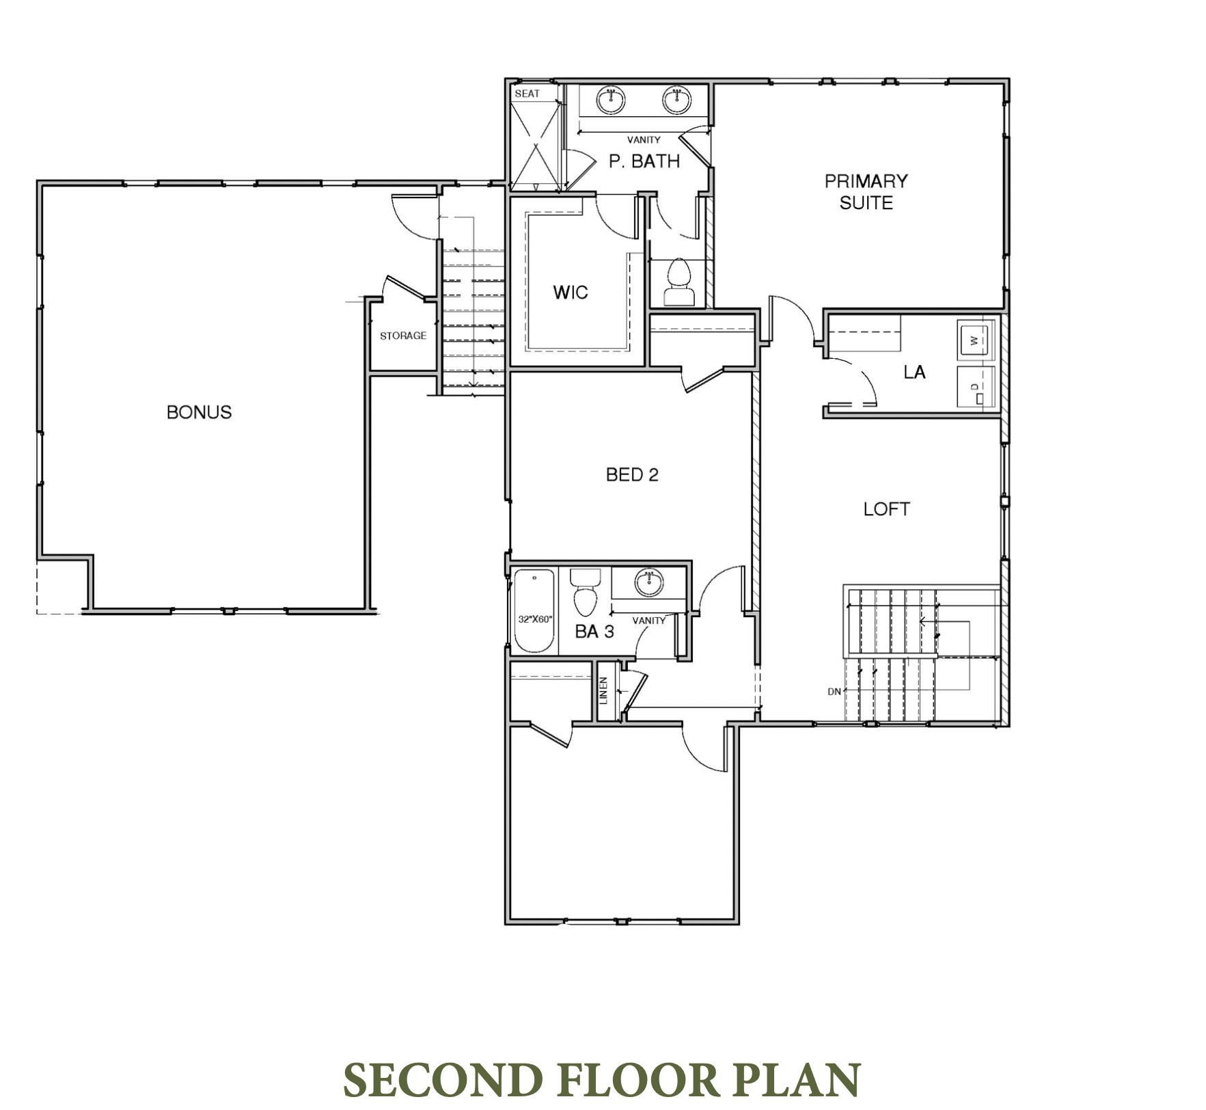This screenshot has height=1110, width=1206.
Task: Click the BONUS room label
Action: [x=199, y=412]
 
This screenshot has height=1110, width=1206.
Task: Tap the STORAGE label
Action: [x=402, y=336]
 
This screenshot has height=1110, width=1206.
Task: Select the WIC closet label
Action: [x=570, y=293]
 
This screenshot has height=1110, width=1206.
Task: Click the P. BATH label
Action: [x=644, y=161]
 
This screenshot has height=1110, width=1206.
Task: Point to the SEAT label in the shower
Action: [x=527, y=94]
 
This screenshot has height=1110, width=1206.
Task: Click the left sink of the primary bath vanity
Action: [x=610, y=100]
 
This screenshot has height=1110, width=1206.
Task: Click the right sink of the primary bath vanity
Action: [x=676, y=100]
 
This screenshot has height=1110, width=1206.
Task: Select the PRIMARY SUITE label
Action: [x=866, y=191]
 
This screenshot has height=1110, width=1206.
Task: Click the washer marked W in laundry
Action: [x=975, y=339]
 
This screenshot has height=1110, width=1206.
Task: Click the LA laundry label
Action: [x=914, y=372]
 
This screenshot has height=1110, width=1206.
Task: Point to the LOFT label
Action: [x=886, y=509]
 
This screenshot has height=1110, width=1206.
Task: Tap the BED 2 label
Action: [x=632, y=475]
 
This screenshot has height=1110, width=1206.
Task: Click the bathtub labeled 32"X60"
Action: [x=534, y=612]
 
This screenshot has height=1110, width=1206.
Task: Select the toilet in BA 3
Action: [x=585, y=593]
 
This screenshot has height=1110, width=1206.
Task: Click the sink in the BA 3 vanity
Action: [x=648, y=582]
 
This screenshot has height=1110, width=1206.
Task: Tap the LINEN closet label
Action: [x=603, y=690]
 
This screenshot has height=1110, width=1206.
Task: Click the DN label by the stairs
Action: [x=834, y=692]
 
